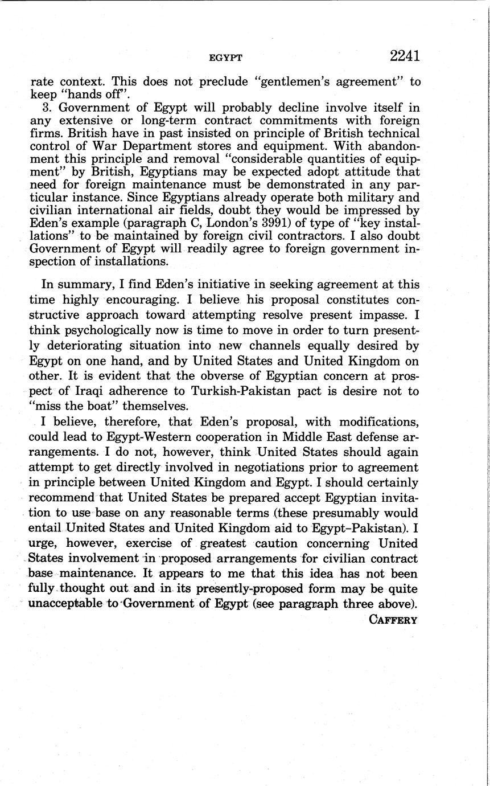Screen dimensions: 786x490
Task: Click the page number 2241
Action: pyautogui.click(x=405, y=56)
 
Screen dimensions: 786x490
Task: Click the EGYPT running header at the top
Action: pyautogui.click(x=226, y=58)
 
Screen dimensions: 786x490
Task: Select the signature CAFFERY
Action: pyautogui.click(x=393, y=620)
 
